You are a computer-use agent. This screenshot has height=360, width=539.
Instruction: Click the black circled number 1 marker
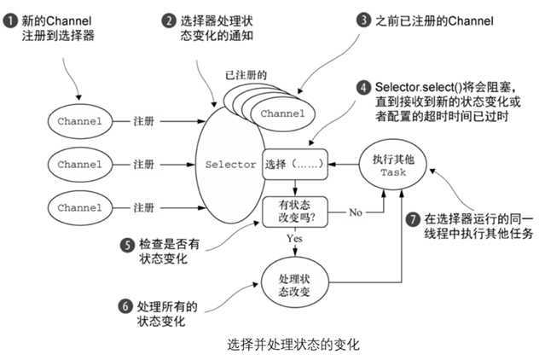coord(10,21)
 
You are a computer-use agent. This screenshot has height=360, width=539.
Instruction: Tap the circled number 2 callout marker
coord(169,21)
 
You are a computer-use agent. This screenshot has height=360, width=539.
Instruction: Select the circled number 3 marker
coord(363,20)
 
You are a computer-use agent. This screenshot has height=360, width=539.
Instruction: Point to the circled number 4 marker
coord(363,87)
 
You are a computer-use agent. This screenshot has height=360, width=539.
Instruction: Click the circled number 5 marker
coord(127,245)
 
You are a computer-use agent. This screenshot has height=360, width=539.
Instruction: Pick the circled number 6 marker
coord(125,306)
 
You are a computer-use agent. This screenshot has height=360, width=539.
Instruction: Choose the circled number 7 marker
coord(413,219)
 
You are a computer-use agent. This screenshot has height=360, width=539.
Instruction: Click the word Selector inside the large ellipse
coord(230,165)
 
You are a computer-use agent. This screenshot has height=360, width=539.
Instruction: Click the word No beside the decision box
coord(355,212)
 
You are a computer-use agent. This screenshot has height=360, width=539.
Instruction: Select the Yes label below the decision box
coord(294,238)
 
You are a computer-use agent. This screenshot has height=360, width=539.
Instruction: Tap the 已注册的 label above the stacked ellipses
coord(246,74)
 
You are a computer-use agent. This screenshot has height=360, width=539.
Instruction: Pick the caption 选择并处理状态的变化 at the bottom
coord(293,344)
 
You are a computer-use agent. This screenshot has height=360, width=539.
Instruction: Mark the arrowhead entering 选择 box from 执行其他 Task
coord(332,165)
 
